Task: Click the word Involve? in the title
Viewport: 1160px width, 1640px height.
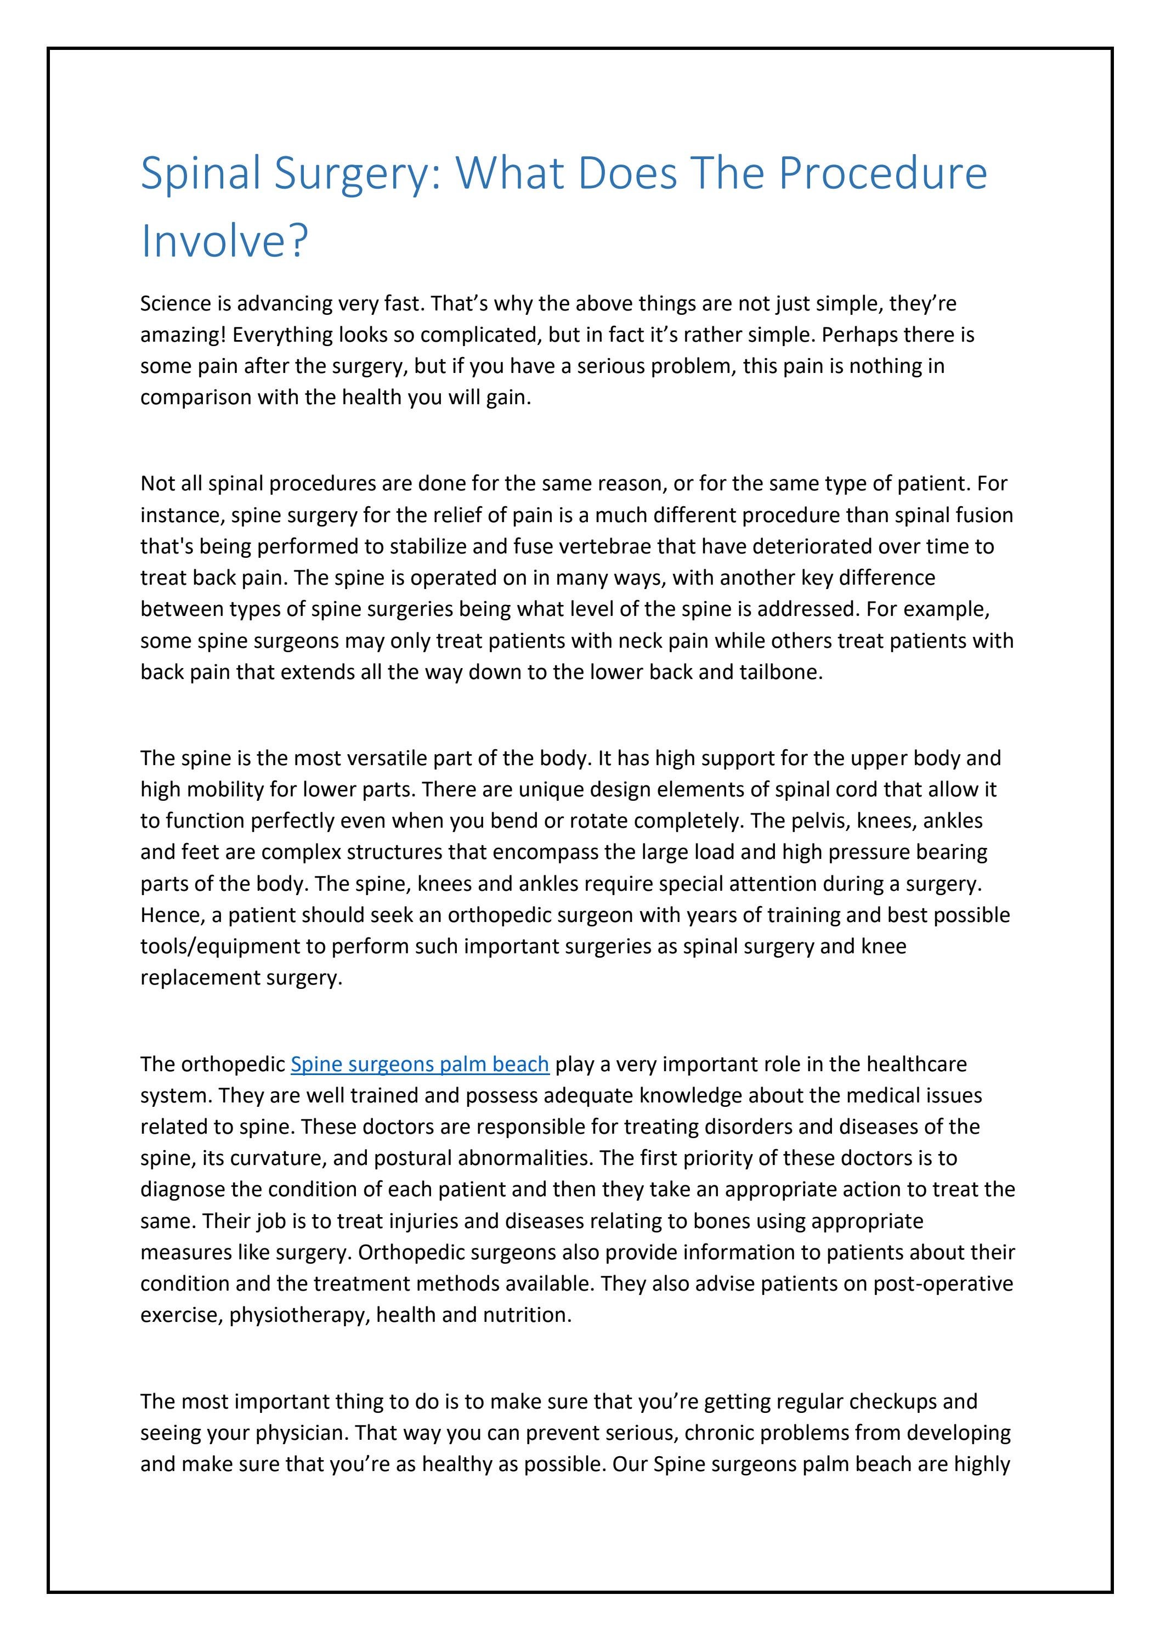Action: click(224, 241)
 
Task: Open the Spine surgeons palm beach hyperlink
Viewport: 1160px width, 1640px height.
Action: click(419, 1064)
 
